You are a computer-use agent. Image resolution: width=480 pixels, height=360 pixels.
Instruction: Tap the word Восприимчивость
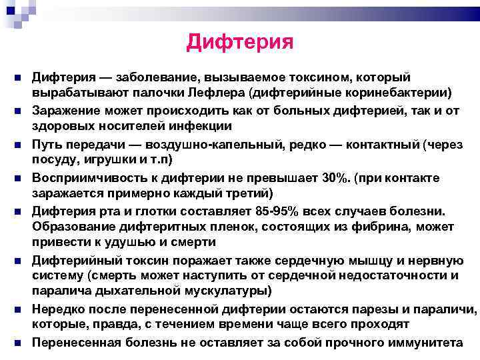click(x=82, y=177)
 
